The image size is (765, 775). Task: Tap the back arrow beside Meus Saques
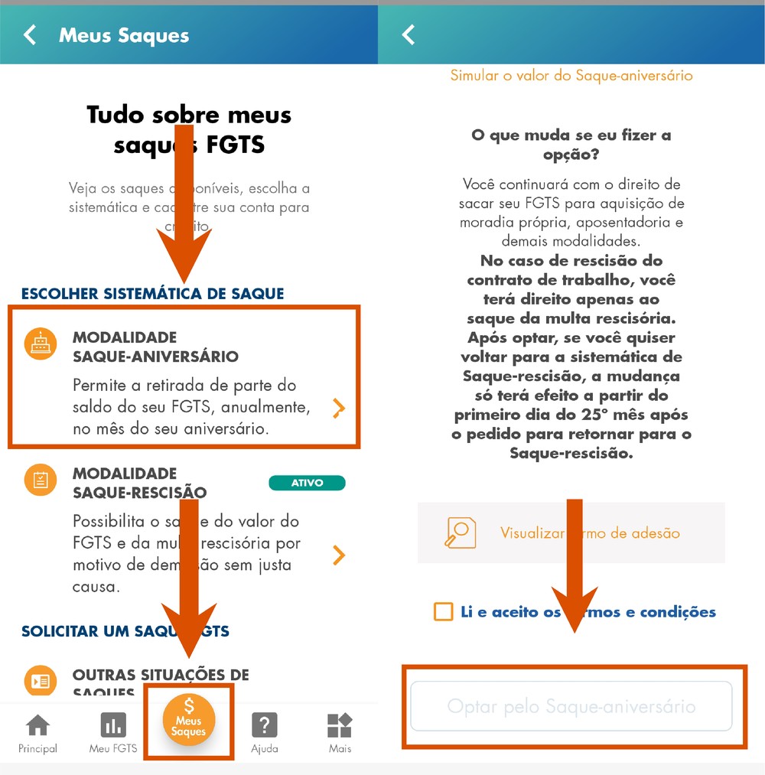click(30, 35)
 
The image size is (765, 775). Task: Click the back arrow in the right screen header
click(409, 35)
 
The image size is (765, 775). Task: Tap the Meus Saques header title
click(124, 35)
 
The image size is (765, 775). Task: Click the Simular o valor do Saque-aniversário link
click(571, 75)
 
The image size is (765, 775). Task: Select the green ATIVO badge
click(307, 483)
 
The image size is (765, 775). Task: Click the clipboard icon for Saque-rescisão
click(40, 480)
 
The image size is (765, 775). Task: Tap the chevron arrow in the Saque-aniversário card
click(338, 409)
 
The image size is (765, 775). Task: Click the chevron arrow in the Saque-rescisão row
click(338, 555)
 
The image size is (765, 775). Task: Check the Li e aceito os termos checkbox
click(443, 611)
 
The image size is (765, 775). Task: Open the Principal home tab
click(37, 733)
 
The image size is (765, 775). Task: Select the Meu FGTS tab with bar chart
click(113, 733)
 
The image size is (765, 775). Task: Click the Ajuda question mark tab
click(265, 733)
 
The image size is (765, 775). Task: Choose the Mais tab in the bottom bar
click(340, 733)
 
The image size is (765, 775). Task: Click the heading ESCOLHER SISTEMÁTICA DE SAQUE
click(152, 294)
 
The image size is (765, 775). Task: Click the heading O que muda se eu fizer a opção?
click(571, 145)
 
